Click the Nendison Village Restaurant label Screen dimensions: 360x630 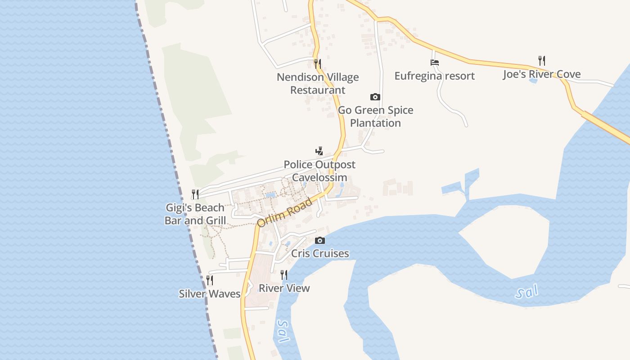pos(318,84)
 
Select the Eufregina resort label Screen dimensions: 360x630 pos(434,76)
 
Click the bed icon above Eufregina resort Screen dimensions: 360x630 pos(434,63)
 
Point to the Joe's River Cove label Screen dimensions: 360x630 pos(542,74)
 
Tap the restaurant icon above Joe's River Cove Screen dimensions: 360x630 pos(542,60)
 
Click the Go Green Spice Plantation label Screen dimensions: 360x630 pos(375,117)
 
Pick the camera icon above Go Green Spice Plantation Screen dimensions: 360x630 pos(375,97)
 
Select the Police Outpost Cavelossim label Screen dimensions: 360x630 pos(319,171)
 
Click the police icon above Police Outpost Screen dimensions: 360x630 pos(319,151)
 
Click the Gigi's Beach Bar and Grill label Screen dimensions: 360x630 pos(195,214)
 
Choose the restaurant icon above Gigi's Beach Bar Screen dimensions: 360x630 pos(195,194)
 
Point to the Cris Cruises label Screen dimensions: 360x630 pos(320,253)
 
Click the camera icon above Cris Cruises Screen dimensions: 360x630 pos(320,240)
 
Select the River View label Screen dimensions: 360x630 pos(284,288)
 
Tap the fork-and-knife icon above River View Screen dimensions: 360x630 pos(284,274)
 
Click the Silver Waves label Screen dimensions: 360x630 pos(210,294)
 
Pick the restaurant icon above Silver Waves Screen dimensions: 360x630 pos(210,280)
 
